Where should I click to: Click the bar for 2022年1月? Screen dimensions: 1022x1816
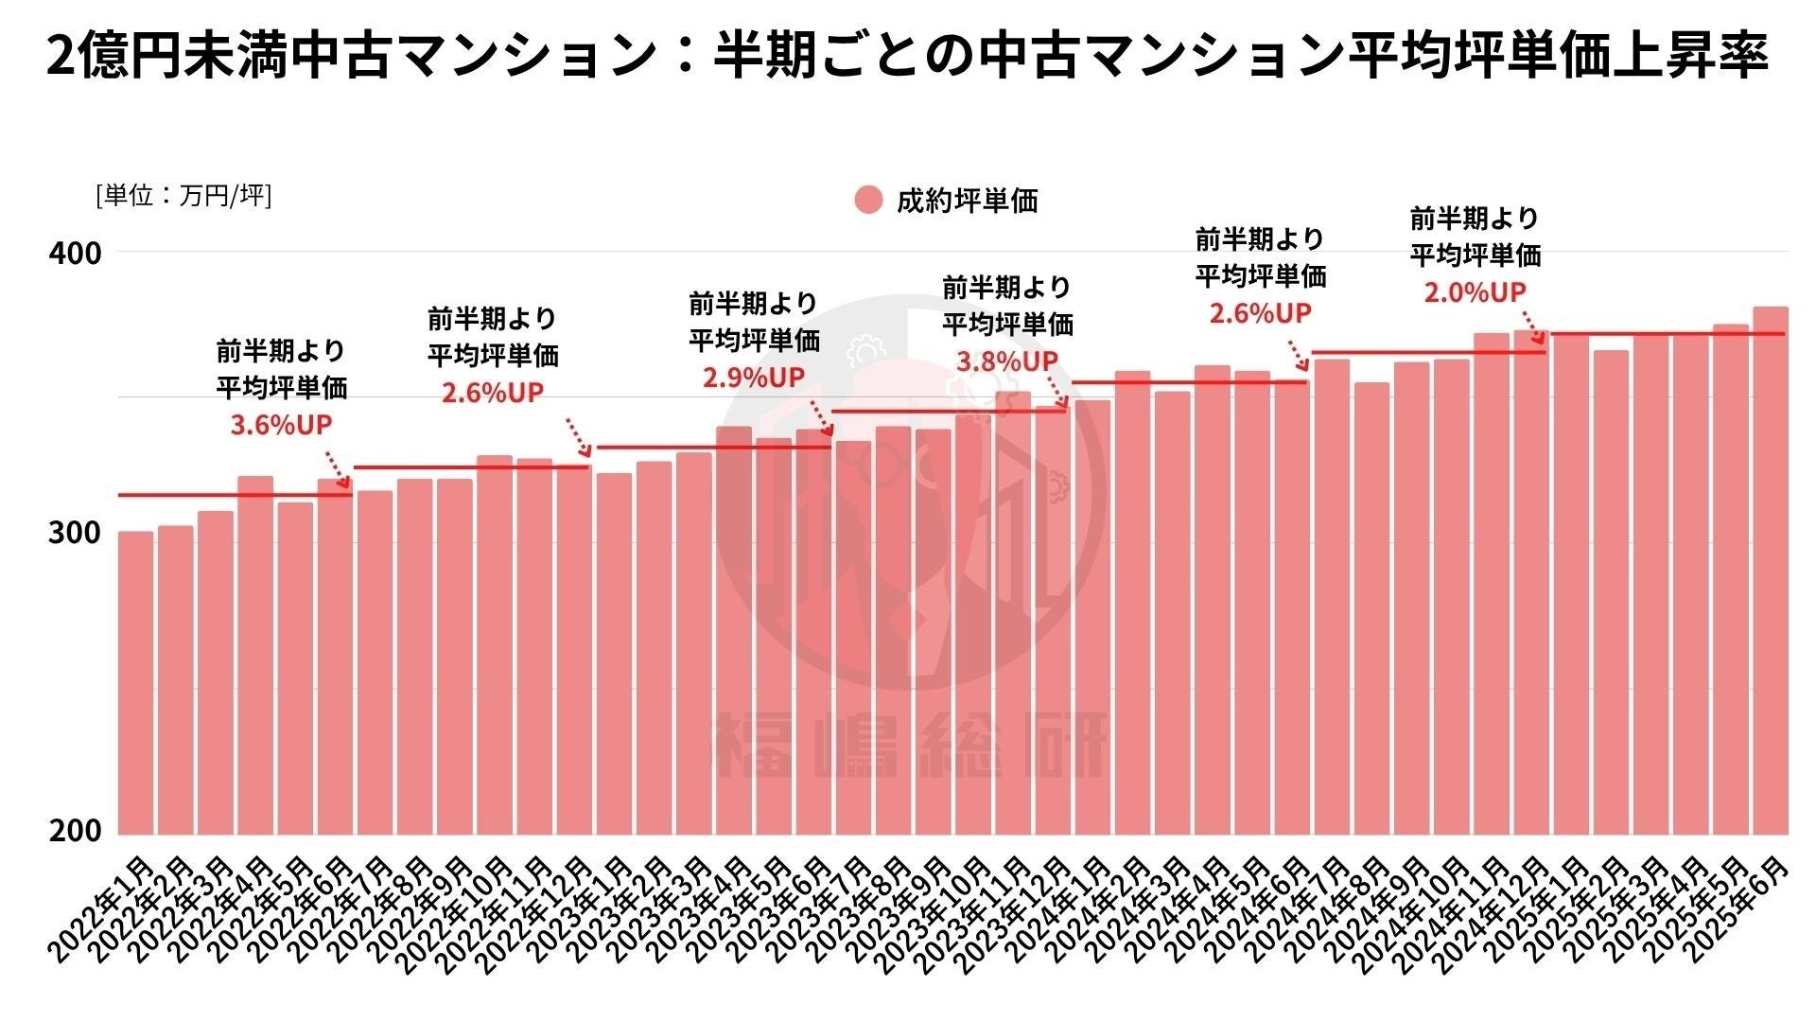[135, 681]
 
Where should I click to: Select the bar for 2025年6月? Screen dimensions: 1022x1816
[1770, 568]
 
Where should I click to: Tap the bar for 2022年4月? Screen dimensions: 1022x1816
[254, 653]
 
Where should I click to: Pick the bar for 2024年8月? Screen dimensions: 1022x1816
[1371, 606]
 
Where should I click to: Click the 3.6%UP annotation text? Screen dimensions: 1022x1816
[282, 425]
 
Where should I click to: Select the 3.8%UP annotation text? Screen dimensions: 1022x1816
[1007, 361]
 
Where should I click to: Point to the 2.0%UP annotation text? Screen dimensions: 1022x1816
[1475, 292]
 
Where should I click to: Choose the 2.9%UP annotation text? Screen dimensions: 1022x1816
[754, 378]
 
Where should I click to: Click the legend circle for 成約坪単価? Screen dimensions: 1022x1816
[867, 201]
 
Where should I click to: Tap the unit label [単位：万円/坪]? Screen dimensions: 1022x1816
[183, 196]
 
